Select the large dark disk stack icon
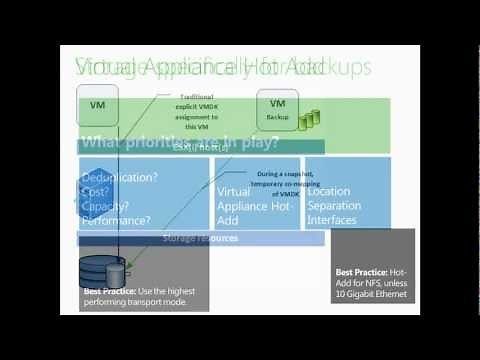click(x=97, y=270)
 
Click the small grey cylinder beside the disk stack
click(x=119, y=273)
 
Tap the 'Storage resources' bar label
click(x=201, y=238)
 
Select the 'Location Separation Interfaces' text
click(x=345, y=205)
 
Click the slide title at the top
click(x=221, y=66)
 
